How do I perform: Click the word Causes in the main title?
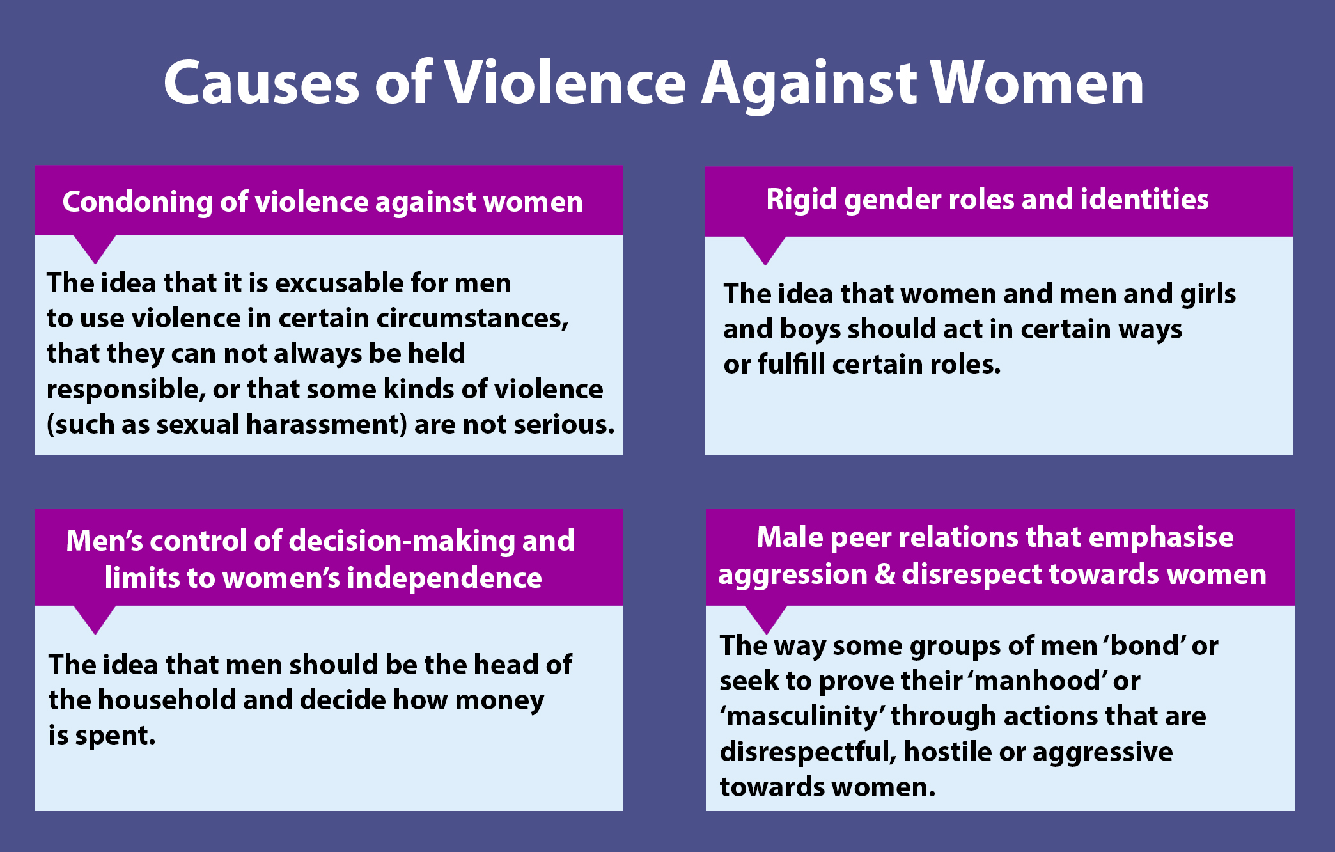tap(262, 83)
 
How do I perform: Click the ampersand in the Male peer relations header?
tap(884, 574)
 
